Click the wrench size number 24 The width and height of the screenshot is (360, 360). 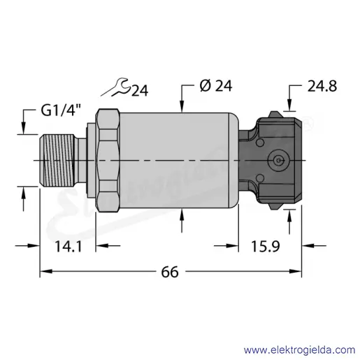[140, 91]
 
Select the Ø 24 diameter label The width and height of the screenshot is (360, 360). [216, 86]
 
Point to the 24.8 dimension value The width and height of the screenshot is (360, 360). [322, 86]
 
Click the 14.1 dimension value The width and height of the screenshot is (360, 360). [69, 247]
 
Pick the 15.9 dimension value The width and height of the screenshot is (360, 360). [265, 247]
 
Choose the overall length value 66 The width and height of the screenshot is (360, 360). [170, 272]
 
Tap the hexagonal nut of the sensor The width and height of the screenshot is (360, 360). [108, 160]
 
